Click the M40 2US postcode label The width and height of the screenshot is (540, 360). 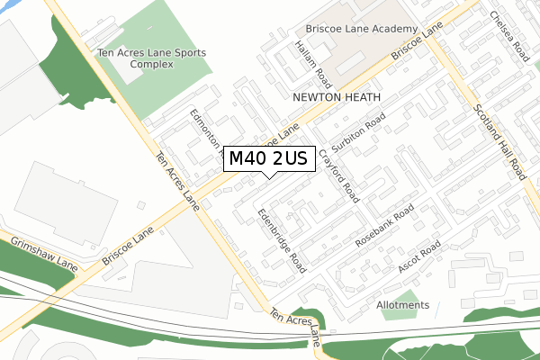pyautogui.click(x=268, y=158)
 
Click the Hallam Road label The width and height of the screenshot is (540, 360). pyautogui.click(x=310, y=58)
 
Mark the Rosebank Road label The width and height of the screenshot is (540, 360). pyautogui.click(x=384, y=226)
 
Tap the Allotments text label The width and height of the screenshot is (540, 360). pyautogui.click(x=403, y=305)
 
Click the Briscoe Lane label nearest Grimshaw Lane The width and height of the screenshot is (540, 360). pyautogui.click(x=127, y=245)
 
